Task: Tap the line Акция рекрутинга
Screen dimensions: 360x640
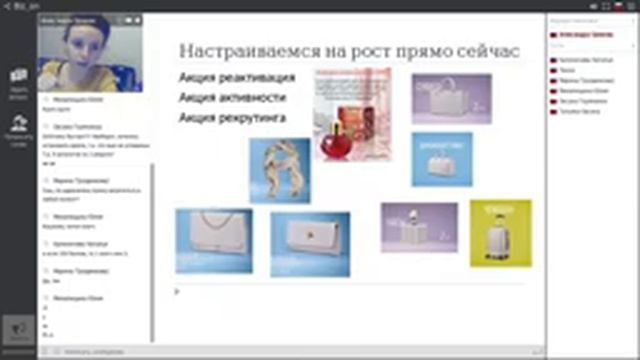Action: point(231,118)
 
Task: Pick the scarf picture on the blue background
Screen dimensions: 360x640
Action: point(279,170)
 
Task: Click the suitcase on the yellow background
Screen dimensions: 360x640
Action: point(515,234)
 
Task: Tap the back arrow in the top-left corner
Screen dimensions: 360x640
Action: point(6,5)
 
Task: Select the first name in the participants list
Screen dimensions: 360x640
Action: point(579,33)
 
